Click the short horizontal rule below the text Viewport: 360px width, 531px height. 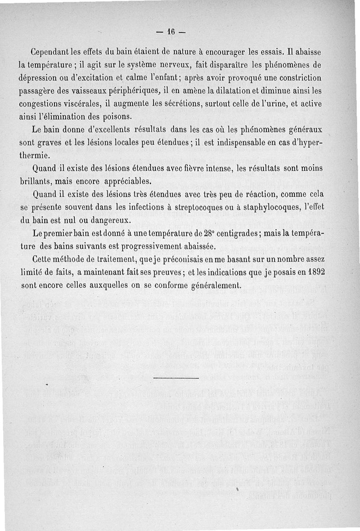pyautogui.click(x=175, y=378)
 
